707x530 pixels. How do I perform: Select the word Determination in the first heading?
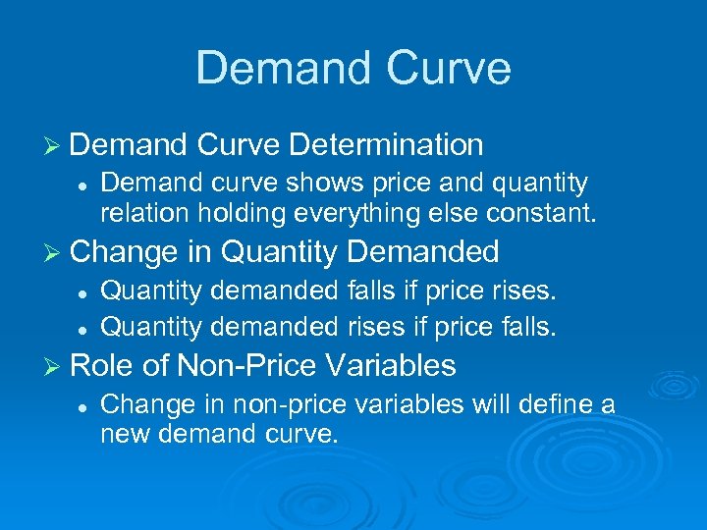tap(386, 145)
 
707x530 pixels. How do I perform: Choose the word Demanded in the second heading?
tap(423, 252)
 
